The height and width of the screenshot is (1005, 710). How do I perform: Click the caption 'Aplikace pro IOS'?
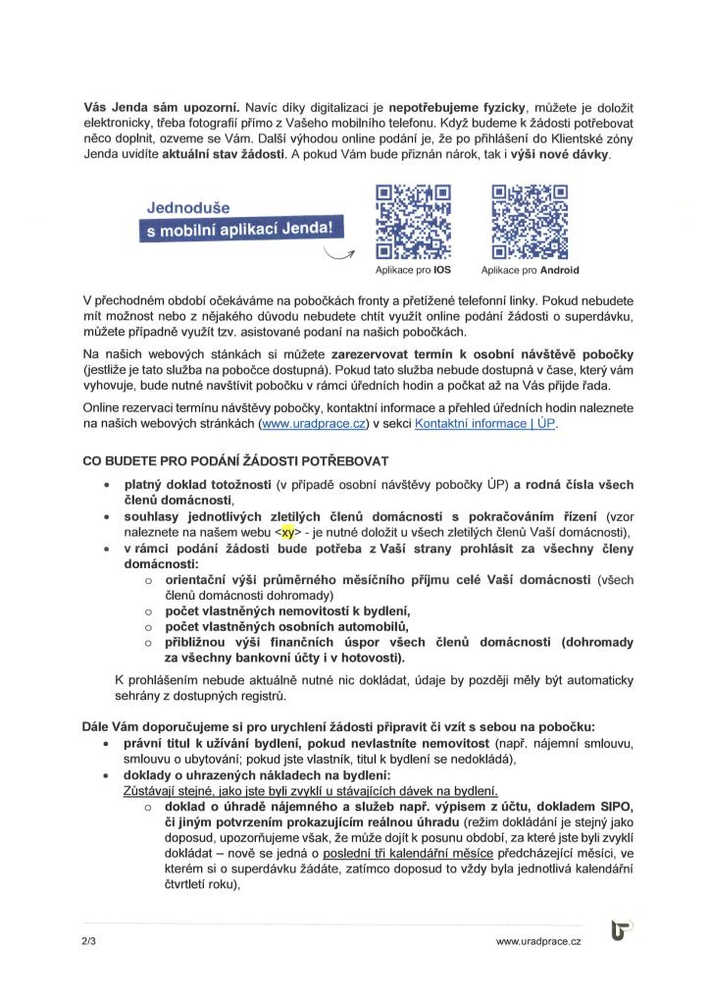406,270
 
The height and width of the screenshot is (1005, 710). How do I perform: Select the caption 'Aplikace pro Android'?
531,270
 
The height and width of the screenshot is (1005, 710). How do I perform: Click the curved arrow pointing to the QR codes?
340,256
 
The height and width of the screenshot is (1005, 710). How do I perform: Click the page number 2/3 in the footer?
90,941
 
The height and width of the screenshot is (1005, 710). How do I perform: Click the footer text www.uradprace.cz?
538,941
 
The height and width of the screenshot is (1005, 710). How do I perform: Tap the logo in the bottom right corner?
622,930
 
